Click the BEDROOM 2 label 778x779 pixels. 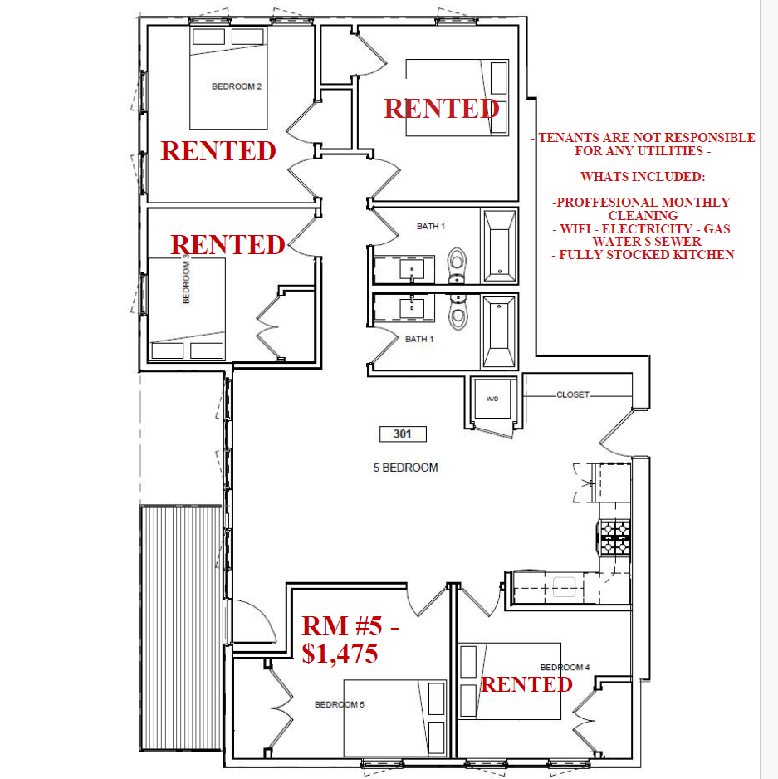pyautogui.click(x=237, y=86)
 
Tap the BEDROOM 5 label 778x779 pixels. pyautogui.click(x=340, y=704)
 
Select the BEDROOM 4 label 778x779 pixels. pyautogui.click(x=565, y=667)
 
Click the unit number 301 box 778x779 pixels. pyautogui.click(x=403, y=434)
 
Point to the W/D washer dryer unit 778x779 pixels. pyautogui.click(x=492, y=399)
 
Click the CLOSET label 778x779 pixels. pyautogui.click(x=573, y=394)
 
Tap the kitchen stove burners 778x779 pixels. pyautogui.click(x=615, y=537)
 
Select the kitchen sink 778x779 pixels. pyautogui.click(x=564, y=586)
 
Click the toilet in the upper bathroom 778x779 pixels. pyautogui.click(x=457, y=264)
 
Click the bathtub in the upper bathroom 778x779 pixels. pyautogui.click(x=499, y=246)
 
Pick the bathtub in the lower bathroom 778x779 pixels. pyautogui.click(x=499, y=331)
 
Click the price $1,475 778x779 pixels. pyautogui.click(x=340, y=653)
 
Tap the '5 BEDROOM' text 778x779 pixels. pyautogui.click(x=405, y=468)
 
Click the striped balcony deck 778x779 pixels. pyautogui.click(x=181, y=628)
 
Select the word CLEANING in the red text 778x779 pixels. pyautogui.click(x=643, y=216)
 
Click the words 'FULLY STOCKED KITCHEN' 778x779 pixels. pyautogui.click(x=646, y=255)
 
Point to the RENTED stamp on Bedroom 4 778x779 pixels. pyautogui.click(x=526, y=684)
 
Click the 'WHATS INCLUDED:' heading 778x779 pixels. pyautogui.click(x=643, y=177)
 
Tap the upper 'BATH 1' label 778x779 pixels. pyautogui.click(x=431, y=226)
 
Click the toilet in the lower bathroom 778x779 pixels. pyautogui.click(x=457, y=312)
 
